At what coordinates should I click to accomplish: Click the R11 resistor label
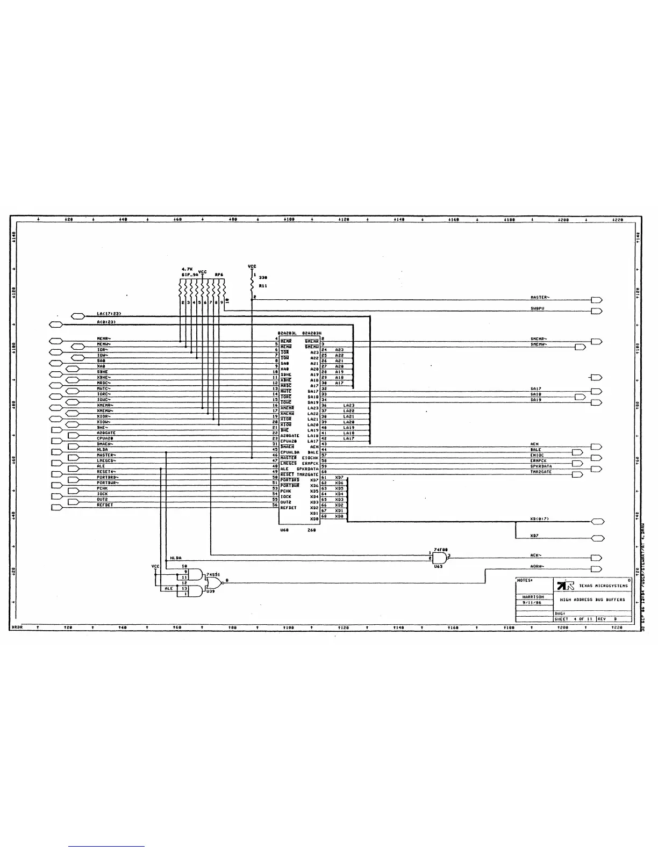(x=263, y=286)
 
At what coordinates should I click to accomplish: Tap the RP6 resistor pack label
(x=219, y=275)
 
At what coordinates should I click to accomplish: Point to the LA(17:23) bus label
(x=109, y=313)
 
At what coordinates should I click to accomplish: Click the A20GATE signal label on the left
(x=106, y=433)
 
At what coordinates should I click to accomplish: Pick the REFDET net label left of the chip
(x=105, y=505)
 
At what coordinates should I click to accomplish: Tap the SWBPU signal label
(x=537, y=308)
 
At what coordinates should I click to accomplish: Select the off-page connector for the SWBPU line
(x=596, y=311)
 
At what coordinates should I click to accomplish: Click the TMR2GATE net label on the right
(x=541, y=472)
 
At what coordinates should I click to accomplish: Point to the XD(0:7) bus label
(x=539, y=519)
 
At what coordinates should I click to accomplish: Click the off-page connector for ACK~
(x=596, y=558)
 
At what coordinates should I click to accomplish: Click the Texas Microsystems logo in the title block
(x=566, y=585)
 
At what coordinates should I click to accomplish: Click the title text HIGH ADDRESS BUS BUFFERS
(x=592, y=600)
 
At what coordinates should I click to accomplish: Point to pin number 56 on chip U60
(x=275, y=505)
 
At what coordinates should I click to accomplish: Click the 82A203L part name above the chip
(x=287, y=333)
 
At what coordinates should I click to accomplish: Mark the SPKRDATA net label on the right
(x=541, y=466)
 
